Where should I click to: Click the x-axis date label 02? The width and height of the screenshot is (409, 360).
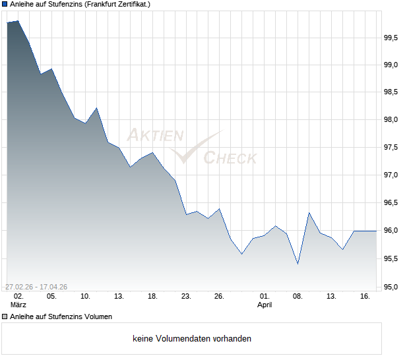[x=18, y=297]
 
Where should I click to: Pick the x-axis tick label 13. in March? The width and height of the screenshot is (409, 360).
[x=119, y=297]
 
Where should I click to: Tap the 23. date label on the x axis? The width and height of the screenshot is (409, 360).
[x=186, y=297]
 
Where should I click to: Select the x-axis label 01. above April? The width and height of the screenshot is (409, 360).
[x=264, y=297]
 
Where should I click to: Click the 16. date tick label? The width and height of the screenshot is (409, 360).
[x=365, y=297]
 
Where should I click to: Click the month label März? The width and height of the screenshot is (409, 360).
[x=18, y=305]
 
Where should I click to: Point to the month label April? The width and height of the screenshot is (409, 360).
[x=264, y=305]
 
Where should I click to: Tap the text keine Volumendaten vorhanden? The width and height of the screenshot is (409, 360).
[x=192, y=339]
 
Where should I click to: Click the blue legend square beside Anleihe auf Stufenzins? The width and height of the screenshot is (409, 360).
[x=5, y=4]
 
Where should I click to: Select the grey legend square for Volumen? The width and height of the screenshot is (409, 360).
[x=5, y=316]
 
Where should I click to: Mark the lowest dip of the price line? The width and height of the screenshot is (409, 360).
[x=298, y=264]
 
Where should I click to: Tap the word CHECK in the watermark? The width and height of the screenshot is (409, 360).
[x=230, y=158]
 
